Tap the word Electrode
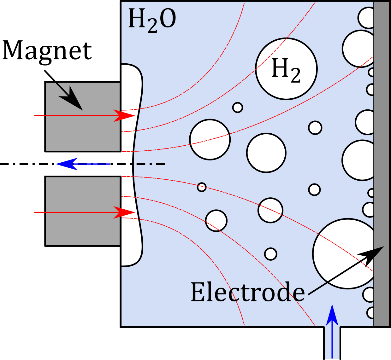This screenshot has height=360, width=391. click(x=248, y=292)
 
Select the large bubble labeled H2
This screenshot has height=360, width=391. click(x=286, y=69)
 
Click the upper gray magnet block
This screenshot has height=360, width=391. click(x=83, y=117)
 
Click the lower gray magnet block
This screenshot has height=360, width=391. click(x=83, y=211)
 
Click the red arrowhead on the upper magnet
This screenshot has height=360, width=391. click(x=124, y=116)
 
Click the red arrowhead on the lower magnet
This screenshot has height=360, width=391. click(x=124, y=212)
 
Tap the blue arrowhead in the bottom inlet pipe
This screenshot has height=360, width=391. click(x=332, y=315)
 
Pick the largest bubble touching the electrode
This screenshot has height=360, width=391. click(x=344, y=254)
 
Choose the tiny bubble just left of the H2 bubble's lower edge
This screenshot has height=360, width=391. click(x=238, y=107)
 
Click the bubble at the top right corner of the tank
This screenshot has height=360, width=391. click(x=366, y=18)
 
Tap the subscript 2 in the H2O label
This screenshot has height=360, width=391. click(x=152, y=26)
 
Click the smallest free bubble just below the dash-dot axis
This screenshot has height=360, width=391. click(x=202, y=187)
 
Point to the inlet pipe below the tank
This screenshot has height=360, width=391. click(x=332, y=343)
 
